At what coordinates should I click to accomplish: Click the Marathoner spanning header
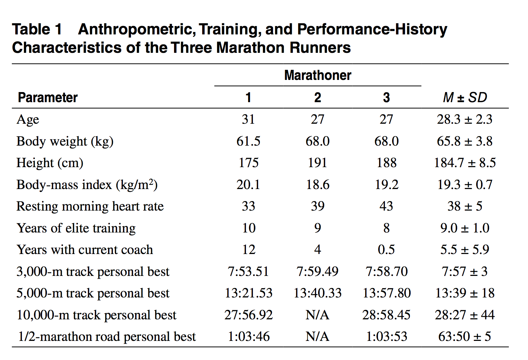tap(317, 75)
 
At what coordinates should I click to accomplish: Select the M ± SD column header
tap(465, 97)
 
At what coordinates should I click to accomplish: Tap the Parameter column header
tap(48, 98)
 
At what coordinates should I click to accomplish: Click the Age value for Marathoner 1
tap(248, 119)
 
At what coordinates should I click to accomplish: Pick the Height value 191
tap(317, 163)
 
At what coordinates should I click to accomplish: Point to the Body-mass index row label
tap(87, 185)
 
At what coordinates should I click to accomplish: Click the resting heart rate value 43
tap(386, 206)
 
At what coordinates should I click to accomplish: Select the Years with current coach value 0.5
tap(386, 249)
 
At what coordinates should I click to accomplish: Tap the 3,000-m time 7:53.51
tap(248, 271)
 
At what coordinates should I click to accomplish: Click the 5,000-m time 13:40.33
tap(317, 293)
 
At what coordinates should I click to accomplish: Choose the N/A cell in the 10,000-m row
tap(317, 315)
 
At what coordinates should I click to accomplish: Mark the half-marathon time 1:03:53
tap(386, 336)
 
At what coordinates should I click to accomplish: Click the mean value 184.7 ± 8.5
tap(465, 163)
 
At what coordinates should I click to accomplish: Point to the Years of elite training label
tap(76, 228)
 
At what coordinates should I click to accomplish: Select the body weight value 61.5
tap(248, 141)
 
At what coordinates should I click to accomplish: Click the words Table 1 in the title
tap(37, 30)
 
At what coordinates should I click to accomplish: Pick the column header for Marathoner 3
tap(386, 98)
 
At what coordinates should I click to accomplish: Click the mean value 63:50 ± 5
tap(465, 336)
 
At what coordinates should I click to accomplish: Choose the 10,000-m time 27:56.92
tap(248, 315)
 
